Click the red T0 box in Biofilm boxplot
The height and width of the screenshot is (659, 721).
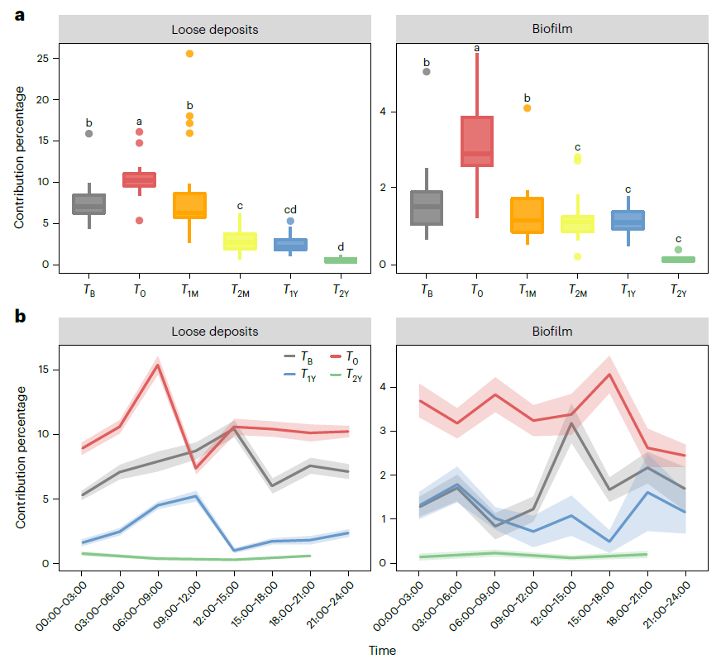pos(477,141)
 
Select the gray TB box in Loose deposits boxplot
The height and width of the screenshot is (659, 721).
pos(88,203)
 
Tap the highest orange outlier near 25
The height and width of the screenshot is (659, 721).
pos(189,54)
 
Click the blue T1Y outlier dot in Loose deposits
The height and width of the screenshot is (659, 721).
pos(290,221)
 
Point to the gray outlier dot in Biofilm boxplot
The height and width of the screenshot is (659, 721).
pos(427,72)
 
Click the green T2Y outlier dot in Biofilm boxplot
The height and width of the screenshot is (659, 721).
pos(678,250)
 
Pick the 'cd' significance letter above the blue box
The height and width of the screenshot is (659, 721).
pos(290,210)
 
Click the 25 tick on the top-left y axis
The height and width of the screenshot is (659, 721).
pos(42,59)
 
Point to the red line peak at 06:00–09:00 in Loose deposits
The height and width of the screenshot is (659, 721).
pos(157,365)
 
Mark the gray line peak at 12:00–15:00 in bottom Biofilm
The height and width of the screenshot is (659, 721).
pos(571,423)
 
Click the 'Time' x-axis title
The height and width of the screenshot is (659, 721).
pos(382,651)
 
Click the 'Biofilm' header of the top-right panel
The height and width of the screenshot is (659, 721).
pos(552,29)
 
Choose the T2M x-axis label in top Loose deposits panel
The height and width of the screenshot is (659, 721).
pos(241,290)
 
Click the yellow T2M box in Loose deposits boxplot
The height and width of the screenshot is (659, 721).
pos(240,241)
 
